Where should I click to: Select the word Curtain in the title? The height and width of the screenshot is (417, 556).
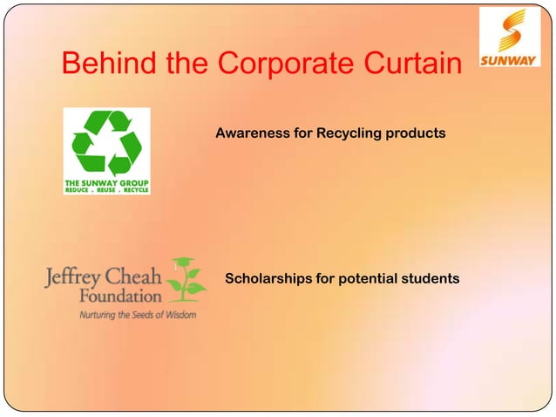coord(404,64)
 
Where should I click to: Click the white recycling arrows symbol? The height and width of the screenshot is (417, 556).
coord(106,141)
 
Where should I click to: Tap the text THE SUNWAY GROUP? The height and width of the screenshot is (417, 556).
coord(106,182)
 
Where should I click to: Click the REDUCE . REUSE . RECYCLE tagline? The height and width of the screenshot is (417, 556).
coord(106,189)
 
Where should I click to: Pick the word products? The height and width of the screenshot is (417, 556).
coord(417,133)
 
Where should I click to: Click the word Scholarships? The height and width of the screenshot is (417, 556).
coord(267,279)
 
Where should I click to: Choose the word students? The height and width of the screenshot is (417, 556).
coord(429,279)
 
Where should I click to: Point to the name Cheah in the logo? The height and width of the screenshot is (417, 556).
coord(135,277)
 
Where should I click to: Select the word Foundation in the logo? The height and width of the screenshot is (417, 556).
coord(115,297)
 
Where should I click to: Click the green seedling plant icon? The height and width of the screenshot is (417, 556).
coord(186,279)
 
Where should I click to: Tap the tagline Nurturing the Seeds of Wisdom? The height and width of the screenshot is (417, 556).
coord(137,313)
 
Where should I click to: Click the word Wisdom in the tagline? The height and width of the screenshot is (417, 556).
coord(177,313)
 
